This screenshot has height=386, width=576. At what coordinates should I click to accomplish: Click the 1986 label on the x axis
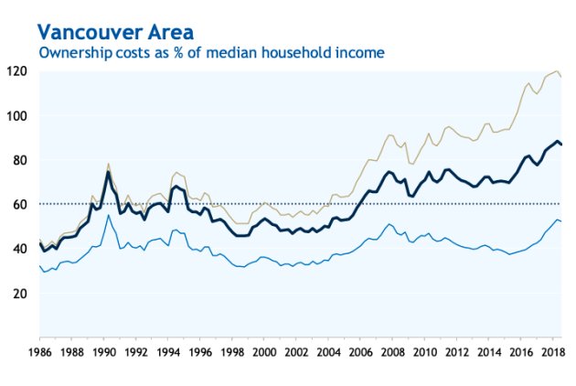pyautogui.click(x=39, y=351)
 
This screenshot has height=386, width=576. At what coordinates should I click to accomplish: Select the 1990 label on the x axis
pyautogui.click(x=102, y=351)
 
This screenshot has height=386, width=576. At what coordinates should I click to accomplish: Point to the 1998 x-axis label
pyautogui.click(x=231, y=351)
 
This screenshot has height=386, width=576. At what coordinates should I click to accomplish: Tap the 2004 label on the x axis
pyautogui.click(x=328, y=351)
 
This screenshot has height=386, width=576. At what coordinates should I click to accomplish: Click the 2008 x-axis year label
pyautogui.click(x=392, y=351)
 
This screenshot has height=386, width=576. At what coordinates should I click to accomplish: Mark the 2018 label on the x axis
pyautogui.click(x=553, y=351)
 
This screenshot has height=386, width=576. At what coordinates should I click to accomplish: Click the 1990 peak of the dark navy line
pyautogui.click(x=109, y=172)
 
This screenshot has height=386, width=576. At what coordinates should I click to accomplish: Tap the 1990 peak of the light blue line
pyautogui.click(x=109, y=215)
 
